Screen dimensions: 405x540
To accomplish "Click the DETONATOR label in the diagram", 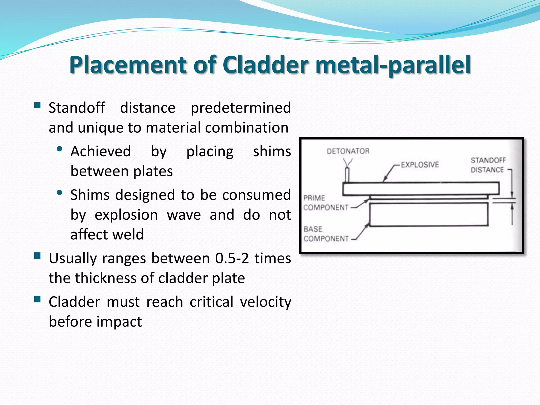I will (x=348, y=151).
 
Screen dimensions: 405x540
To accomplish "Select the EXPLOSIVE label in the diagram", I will (x=420, y=165).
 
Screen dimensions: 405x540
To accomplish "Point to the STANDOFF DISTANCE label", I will (x=488, y=165).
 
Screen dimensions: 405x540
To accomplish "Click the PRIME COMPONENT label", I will (x=325, y=203).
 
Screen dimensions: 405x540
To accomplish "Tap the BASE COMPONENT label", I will (x=325, y=234).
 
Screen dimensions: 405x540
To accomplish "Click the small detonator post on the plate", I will (x=347, y=175).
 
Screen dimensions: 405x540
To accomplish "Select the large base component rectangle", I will (x=428, y=214).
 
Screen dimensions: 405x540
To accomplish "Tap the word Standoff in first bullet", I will (x=77, y=108).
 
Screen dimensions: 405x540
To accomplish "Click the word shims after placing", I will (x=272, y=151).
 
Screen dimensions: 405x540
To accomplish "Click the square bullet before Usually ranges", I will (x=37, y=255).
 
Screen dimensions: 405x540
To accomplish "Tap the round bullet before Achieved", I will (x=60, y=149).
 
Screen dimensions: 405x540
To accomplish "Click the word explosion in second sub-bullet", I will (x=126, y=215).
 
